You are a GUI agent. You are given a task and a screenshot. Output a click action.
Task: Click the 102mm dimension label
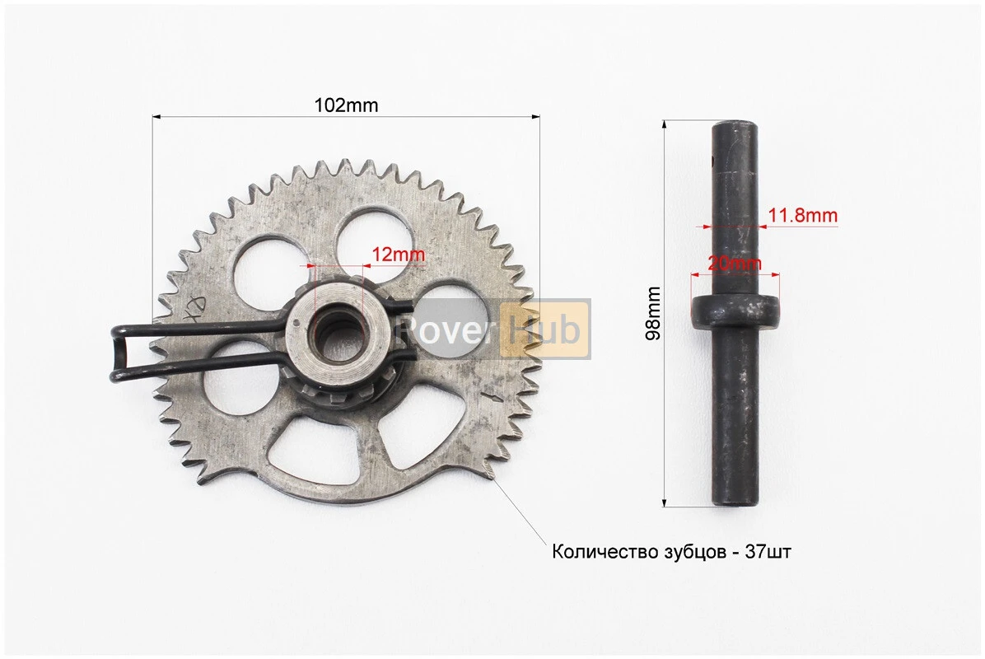pos(346,105)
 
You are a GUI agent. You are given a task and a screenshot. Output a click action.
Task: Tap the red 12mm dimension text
pos(399,255)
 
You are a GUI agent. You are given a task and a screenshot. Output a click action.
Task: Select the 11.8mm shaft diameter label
pos(803,216)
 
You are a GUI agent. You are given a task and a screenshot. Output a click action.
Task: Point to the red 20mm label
pos(735,264)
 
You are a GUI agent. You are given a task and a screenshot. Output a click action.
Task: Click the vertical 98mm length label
pos(653,313)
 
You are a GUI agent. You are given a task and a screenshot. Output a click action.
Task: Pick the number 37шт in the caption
pos(768,552)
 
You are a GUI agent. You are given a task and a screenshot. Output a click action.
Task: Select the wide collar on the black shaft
pos(735,312)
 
